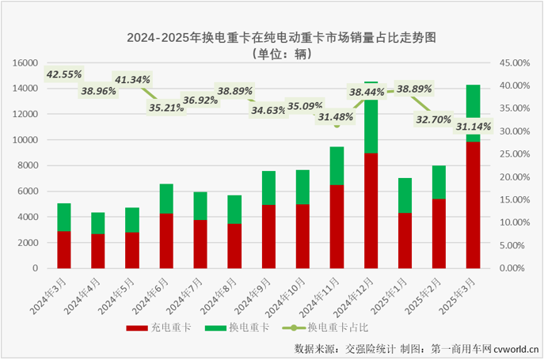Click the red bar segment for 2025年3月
point(473,205)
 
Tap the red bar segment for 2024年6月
point(166,241)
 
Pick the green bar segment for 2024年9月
point(268,188)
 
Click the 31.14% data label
point(473,126)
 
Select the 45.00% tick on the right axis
point(512,63)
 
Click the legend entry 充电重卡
point(155,328)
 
